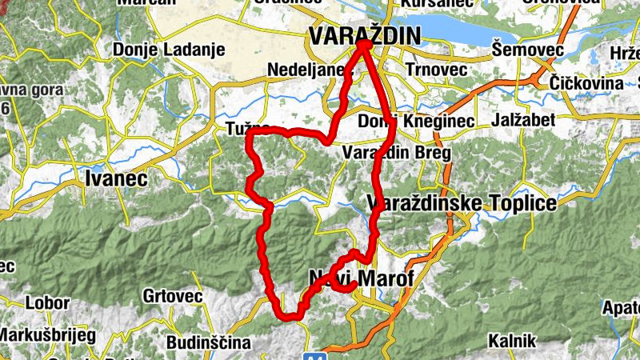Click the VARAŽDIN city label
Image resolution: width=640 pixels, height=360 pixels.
click(364, 35)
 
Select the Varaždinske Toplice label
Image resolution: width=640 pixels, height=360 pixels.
click(462, 204)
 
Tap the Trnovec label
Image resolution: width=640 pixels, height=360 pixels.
click(436, 69)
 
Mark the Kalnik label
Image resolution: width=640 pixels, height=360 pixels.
click(511, 340)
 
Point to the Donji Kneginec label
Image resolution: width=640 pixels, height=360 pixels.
click(417, 121)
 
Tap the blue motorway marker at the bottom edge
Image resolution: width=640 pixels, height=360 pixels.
click(318, 354)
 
